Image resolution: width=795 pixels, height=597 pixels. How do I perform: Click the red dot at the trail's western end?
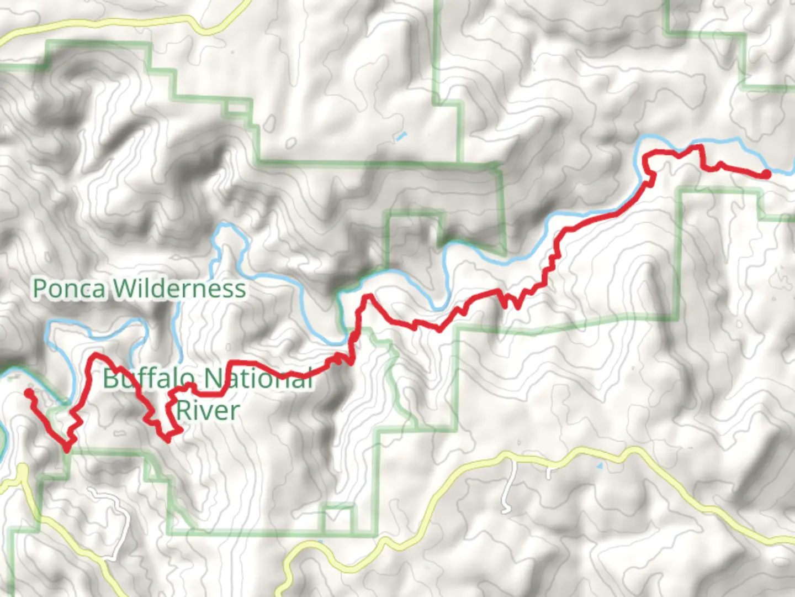(28, 393)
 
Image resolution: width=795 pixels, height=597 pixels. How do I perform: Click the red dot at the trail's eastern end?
(766, 174)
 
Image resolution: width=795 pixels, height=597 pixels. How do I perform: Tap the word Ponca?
(70, 289)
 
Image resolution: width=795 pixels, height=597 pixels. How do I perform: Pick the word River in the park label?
(208, 411)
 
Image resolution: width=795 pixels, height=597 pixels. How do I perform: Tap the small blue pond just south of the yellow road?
(600, 466)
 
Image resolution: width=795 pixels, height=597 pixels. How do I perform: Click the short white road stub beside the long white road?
(549, 473)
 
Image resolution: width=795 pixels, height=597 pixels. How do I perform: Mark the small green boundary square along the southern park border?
(338, 520)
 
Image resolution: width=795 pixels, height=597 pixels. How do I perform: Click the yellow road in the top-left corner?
(110, 25)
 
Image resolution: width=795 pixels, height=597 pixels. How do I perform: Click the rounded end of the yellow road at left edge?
(22, 470)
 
